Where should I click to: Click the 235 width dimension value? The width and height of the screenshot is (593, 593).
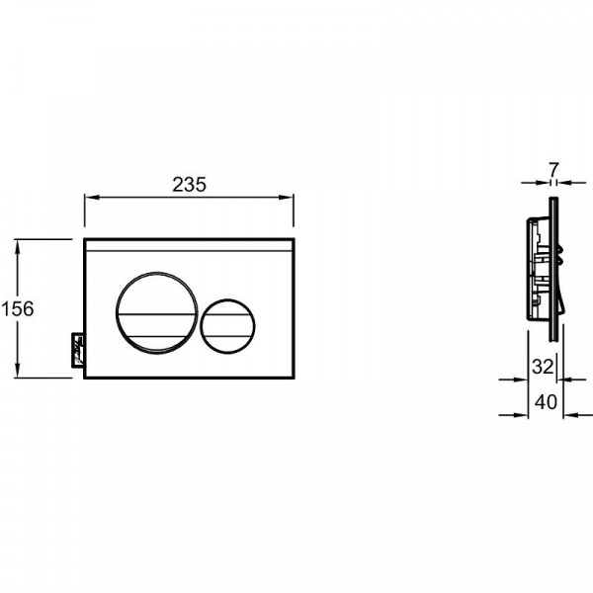[x=189, y=185]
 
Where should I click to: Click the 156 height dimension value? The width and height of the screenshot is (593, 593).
[x=18, y=308]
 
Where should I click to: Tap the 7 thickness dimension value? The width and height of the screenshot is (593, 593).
[x=553, y=170]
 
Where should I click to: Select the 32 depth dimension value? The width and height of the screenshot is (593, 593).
[x=543, y=367]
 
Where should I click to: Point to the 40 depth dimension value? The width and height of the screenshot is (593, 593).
[x=546, y=402]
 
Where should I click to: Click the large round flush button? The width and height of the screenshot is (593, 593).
[x=156, y=313]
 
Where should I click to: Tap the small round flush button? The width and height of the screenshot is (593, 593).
[x=227, y=326]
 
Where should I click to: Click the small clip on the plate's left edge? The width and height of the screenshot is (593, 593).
[x=78, y=349]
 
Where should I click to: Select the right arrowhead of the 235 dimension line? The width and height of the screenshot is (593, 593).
[x=287, y=197]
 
